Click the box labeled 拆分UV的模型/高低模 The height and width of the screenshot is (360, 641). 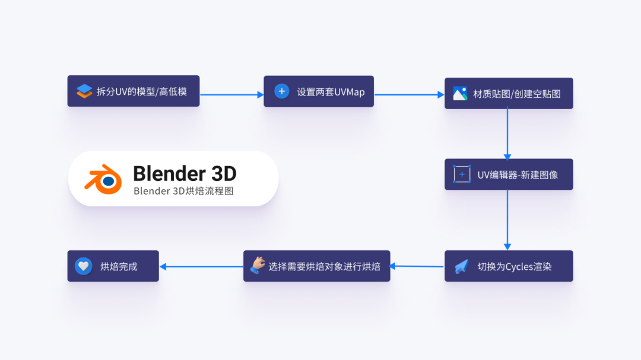pos(134,91)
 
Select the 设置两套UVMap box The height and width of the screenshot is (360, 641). pos(319,91)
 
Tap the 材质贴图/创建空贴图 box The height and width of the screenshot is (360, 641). pos(509,94)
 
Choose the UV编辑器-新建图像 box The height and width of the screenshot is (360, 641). pos(509,174)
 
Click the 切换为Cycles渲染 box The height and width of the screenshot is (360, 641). pos(509,266)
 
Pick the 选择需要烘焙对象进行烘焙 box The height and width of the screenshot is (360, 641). pos(317,266)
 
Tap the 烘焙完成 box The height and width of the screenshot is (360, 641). pos(113,266)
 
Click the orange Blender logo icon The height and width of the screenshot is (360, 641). pos(102,178)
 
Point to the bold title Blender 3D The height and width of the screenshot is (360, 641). pos(185,173)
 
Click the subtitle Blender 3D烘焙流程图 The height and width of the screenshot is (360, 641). pos(183,191)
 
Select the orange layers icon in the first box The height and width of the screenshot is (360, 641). pos(84,91)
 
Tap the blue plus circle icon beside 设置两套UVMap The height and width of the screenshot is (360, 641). pos(281,91)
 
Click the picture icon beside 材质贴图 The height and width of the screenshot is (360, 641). pos(460,94)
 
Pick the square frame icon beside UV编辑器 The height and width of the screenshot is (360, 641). pos(462,174)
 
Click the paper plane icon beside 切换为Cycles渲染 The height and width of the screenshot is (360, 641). pos(462,267)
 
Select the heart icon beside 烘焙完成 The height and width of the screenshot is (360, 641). pos(84,266)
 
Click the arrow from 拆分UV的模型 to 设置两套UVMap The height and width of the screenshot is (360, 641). pos(231,94)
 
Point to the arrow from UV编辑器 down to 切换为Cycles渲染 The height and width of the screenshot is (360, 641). pos(507,219)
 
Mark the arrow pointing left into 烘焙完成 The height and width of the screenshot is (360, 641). pos(201,267)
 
